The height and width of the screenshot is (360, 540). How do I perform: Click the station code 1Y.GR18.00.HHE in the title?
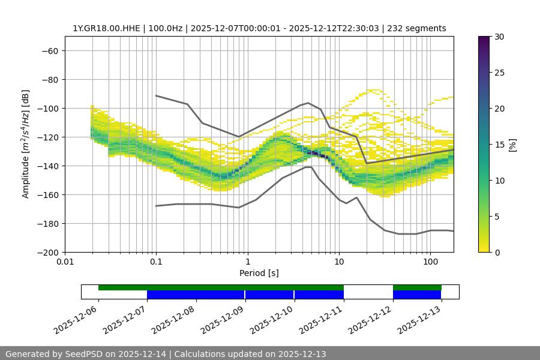click(107, 28)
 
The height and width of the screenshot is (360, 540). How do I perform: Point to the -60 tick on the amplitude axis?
click(50, 50)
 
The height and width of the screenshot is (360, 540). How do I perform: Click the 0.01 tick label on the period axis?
click(65, 262)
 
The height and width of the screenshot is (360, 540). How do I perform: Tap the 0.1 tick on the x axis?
click(156, 262)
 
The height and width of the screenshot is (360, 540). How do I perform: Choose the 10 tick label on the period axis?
click(339, 262)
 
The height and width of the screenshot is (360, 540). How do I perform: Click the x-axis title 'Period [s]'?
click(259, 273)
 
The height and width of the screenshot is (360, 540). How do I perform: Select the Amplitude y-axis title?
click(26, 144)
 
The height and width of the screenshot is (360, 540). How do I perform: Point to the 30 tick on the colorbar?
click(499, 37)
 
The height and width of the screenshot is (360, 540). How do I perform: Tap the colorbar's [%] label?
click(512, 144)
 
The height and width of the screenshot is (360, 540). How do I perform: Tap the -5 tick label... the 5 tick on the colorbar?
click(497, 216)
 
